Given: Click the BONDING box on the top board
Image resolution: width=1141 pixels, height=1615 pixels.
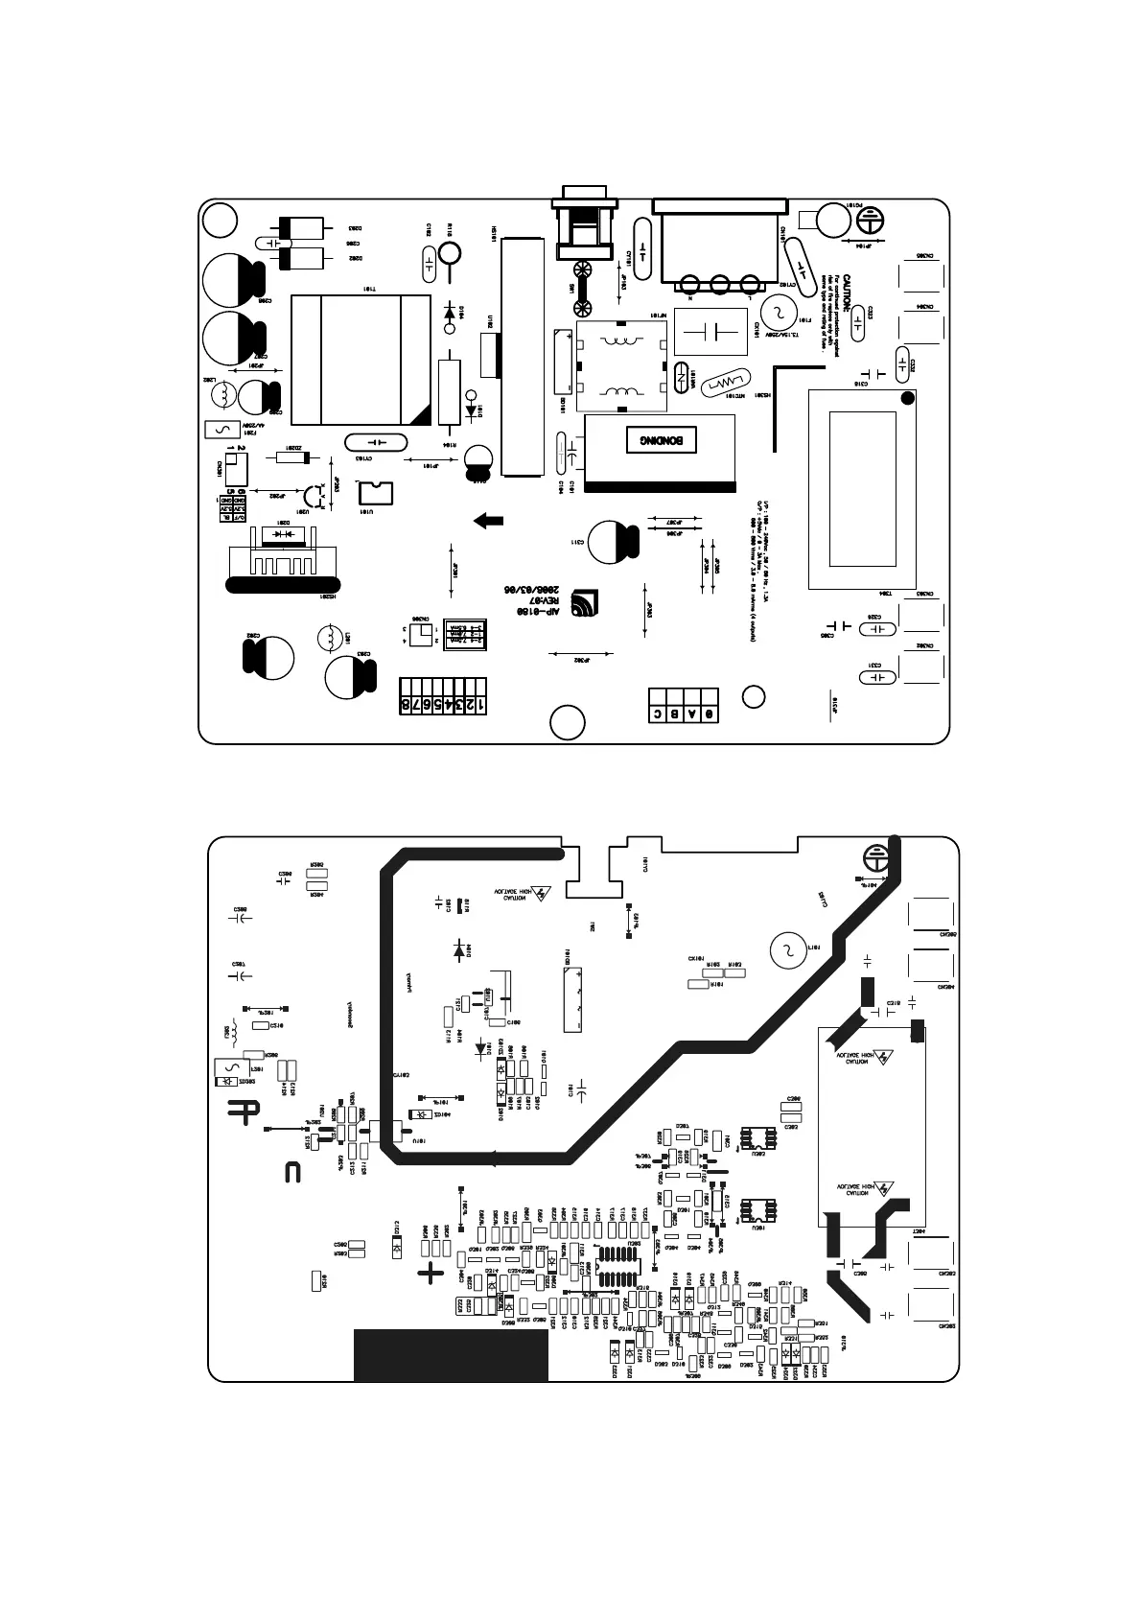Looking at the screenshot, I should [660, 440].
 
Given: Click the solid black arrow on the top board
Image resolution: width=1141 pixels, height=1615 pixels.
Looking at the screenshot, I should [489, 521].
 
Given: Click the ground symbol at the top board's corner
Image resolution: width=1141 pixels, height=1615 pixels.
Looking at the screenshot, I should [868, 218].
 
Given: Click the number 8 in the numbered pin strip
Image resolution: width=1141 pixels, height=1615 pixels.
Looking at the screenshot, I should [407, 705].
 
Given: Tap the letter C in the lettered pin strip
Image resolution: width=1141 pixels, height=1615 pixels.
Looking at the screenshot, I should [658, 714].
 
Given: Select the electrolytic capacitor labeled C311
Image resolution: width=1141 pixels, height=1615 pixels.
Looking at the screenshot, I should [611, 542].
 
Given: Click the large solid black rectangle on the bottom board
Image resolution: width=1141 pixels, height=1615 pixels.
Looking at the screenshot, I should [451, 1354].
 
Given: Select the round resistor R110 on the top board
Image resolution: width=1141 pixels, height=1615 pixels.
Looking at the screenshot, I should [450, 253].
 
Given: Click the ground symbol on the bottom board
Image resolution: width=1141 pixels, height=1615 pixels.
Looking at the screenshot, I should [874, 855].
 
